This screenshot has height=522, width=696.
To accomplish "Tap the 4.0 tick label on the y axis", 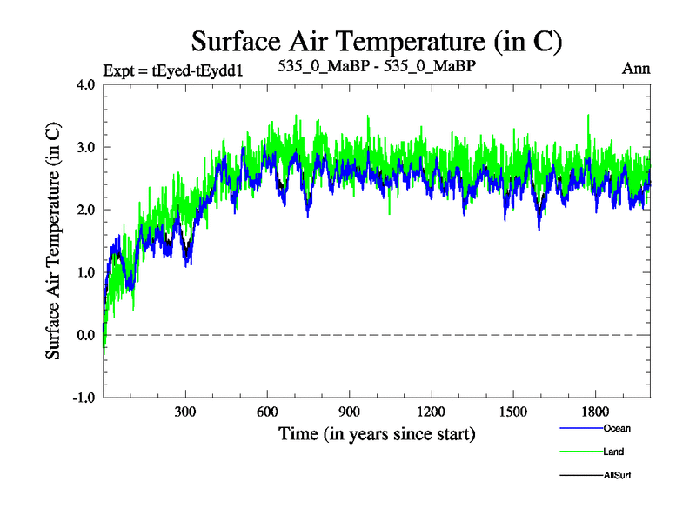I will tap(87, 84).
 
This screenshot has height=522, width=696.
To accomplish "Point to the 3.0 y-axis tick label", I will tap(87, 147).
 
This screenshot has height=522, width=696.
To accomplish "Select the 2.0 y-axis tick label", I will tap(87, 210).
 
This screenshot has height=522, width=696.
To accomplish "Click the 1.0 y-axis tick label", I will tap(87, 272).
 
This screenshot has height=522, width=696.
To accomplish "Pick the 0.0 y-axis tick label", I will tap(87, 335).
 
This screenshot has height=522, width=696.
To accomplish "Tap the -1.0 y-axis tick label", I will tap(84, 398).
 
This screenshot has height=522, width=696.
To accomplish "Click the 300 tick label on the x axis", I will tap(185, 412).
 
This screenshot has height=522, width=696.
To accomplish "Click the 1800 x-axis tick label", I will tap(594, 412).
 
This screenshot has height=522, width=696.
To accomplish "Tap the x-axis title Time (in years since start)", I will tap(377, 432).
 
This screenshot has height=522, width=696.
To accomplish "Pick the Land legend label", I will tap(612, 452).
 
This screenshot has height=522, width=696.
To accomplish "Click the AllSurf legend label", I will tap(616, 475).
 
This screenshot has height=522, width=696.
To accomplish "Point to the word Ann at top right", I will tap(636, 68).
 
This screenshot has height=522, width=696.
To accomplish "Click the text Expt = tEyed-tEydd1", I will tap(171, 70).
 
